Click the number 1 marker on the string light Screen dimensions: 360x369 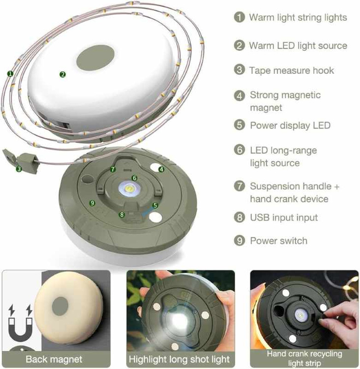point(10,74)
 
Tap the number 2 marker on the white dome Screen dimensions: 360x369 point(62,75)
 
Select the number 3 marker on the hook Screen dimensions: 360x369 point(19,169)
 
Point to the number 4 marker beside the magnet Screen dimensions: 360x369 point(161,169)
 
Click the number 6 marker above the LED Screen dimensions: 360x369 point(134,178)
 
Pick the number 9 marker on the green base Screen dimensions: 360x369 point(92,203)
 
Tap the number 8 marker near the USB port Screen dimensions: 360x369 point(121,215)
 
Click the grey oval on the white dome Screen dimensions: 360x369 point(95,58)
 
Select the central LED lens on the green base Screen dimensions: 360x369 point(129,189)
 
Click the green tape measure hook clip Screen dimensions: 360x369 point(22,160)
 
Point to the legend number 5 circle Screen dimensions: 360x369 point(240,125)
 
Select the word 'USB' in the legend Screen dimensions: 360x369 point(260,217)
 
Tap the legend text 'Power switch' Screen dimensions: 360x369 point(278,241)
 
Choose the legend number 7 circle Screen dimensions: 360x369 point(240,186)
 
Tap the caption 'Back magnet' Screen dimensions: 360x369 point(54,359)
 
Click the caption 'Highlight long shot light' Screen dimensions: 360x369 point(180,359)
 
